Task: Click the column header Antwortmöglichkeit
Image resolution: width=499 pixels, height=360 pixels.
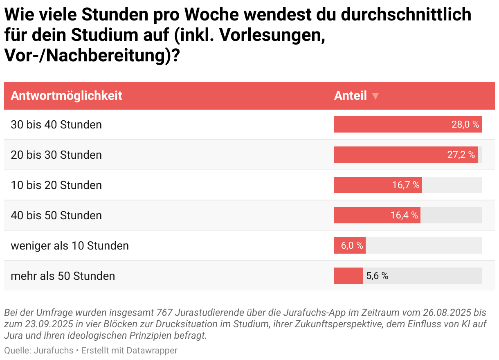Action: (x=66, y=96)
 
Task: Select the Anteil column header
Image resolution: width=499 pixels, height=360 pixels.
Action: (x=350, y=96)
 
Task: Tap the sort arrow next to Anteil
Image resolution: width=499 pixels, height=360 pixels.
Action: (x=375, y=97)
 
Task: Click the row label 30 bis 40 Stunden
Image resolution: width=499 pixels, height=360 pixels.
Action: (x=56, y=124)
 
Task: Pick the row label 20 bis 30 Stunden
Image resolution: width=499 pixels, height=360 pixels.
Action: (x=56, y=155)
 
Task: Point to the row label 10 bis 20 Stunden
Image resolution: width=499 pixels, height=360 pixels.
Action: (x=56, y=185)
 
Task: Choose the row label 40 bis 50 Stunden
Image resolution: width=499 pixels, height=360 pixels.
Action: (x=56, y=215)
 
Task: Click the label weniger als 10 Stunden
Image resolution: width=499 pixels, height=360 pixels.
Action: (x=70, y=245)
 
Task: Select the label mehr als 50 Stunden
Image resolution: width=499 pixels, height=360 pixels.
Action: (x=63, y=276)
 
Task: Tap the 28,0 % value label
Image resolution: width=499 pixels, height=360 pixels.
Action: (x=465, y=124)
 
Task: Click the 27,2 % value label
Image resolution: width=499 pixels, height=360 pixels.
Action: (x=461, y=155)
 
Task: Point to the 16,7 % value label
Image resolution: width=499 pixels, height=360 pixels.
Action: (x=405, y=185)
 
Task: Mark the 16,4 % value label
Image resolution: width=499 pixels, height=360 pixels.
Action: (x=404, y=215)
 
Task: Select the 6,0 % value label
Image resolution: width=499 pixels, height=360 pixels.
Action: (x=352, y=245)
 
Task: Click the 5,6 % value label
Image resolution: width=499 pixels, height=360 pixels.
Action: (x=377, y=276)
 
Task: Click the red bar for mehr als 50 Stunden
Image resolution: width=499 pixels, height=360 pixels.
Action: (x=348, y=276)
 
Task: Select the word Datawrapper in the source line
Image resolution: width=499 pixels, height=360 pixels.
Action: (x=152, y=351)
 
